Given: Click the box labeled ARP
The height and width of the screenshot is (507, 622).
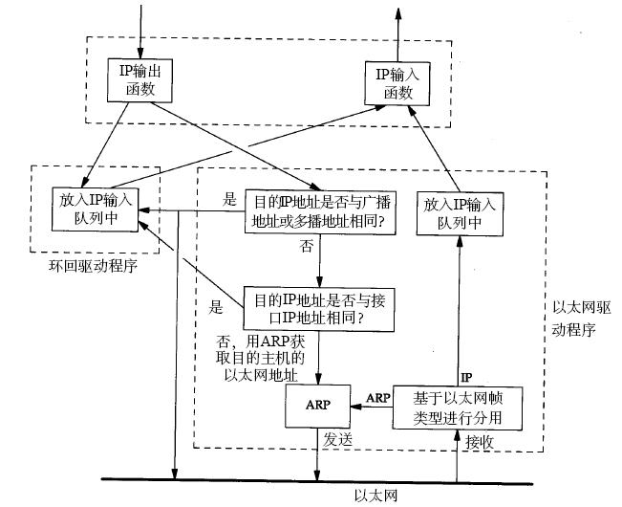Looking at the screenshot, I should tap(317, 405).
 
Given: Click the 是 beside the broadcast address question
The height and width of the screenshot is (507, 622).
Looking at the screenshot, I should tap(228, 200).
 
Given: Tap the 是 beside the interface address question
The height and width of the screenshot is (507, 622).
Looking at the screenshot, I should tap(216, 308).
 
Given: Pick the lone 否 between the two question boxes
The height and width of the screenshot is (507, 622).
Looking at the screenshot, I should tap(307, 246).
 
